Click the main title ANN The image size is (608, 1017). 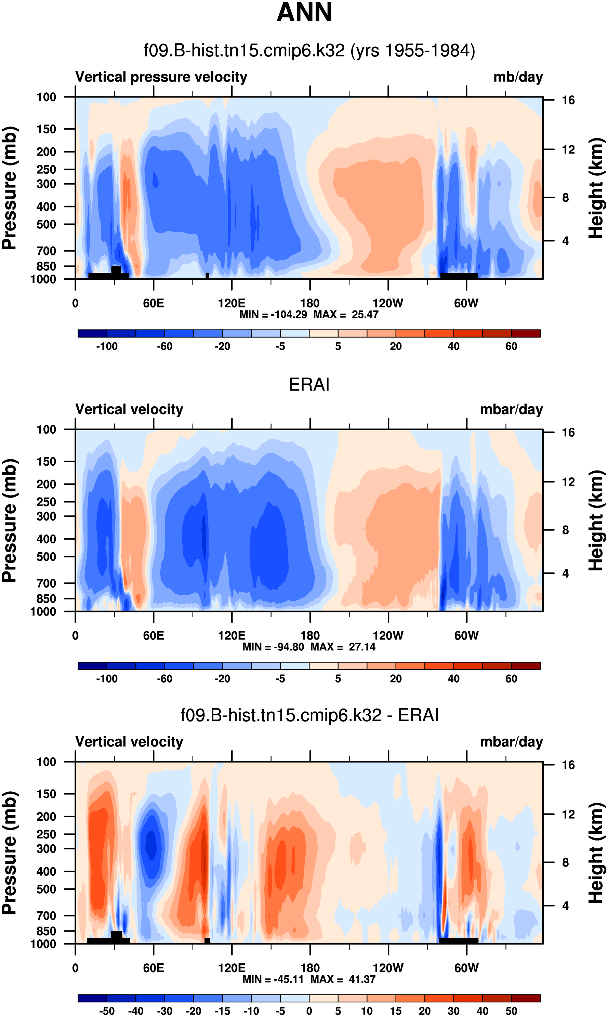[x=304, y=12]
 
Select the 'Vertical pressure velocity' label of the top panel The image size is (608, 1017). [x=161, y=77]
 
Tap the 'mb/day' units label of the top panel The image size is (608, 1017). [x=518, y=77]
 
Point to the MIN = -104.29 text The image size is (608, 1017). [x=273, y=315]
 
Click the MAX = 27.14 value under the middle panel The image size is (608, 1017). [x=343, y=647]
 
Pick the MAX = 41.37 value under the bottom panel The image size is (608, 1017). [x=343, y=979]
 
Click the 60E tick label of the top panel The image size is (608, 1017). [x=153, y=304]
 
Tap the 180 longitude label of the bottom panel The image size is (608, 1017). [x=310, y=968]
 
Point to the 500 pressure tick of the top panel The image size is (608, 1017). [x=46, y=224]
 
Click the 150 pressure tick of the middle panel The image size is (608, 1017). [x=46, y=462]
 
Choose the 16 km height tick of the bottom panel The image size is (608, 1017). [x=568, y=765]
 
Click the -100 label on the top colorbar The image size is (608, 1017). [x=107, y=346]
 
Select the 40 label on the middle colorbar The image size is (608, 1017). [x=453, y=679]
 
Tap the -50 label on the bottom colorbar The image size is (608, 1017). [x=107, y=1011]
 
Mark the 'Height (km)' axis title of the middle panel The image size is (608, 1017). [x=596, y=520]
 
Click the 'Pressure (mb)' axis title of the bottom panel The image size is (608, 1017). [x=9, y=853]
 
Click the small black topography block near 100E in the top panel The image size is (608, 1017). [x=207, y=276]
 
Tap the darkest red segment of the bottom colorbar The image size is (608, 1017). [x=526, y=998]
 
